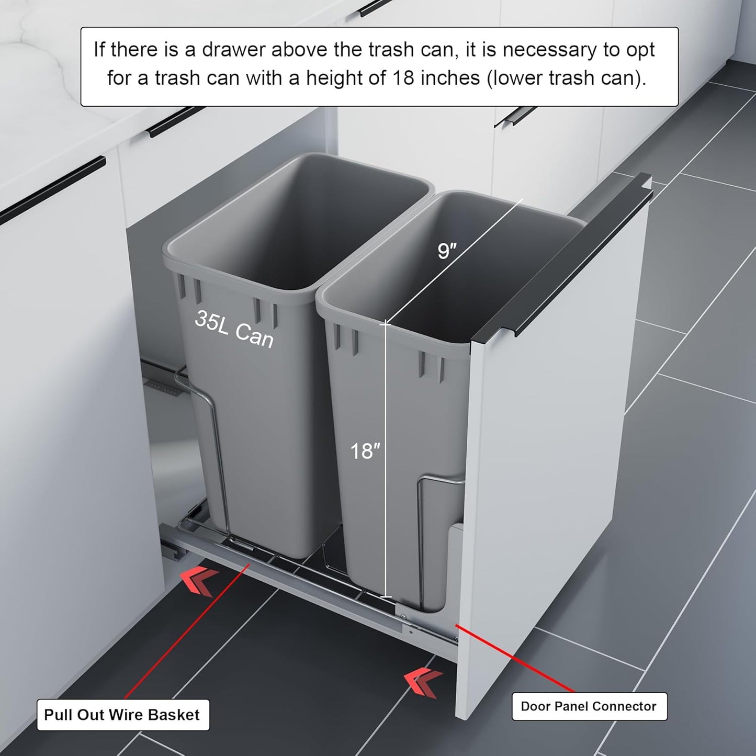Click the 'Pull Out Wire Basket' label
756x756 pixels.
click(x=122, y=715)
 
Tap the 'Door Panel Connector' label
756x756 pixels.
click(x=589, y=706)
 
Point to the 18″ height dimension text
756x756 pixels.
click(x=365, y=451)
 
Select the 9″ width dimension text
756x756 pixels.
click(x=447, y=251)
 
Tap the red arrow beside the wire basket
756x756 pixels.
click(x=199, y=582)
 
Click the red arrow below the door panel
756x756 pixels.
click(x=423, y=682)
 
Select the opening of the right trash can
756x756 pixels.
click(x=471, y=262)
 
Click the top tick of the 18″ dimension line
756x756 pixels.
click(x=386, y=325)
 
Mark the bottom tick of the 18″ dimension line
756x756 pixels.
click(x=386, y=596)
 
